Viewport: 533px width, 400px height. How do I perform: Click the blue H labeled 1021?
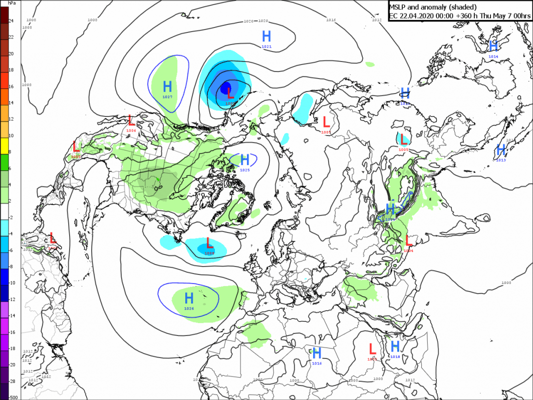pos(266,36)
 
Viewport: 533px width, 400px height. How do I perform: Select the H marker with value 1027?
pos(167,86)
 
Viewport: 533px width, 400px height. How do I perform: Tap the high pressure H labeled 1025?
pos(244,160)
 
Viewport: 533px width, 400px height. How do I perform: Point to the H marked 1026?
pos(189,299)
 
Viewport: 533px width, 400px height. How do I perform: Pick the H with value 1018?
pos(395,346)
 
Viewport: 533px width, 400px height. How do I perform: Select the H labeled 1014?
pos(493,46)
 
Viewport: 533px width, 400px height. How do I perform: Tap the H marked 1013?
pos(500,149)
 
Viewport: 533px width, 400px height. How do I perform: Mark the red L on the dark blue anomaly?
pos(230,92)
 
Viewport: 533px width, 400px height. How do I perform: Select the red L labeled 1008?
pos(209,244)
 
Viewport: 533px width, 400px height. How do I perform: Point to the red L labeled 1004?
pos(408,240)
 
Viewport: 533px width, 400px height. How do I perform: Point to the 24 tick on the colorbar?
pos(11,21)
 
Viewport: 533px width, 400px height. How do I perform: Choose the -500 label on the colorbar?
pos(13,397)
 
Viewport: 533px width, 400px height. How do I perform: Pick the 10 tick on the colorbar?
pos(11,135)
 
